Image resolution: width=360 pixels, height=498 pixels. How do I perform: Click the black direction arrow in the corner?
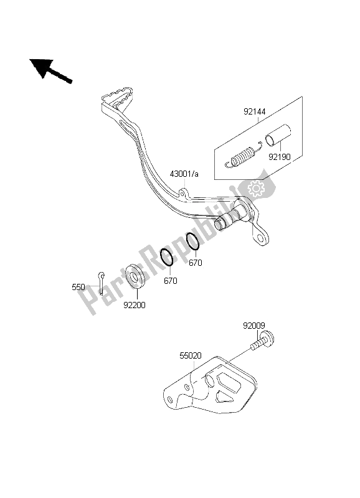coord(51,71)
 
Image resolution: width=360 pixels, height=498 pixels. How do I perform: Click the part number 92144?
coord(255,111)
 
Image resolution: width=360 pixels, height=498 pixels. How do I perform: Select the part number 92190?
coord(280,157)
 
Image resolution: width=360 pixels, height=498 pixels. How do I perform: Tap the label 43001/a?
coord(184,174)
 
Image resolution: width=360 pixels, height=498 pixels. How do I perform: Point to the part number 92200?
coord(135,305)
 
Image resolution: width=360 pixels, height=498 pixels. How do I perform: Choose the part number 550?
coord(78,287)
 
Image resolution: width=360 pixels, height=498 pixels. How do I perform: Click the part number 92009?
coord(254,326)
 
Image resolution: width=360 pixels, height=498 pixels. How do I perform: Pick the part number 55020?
coord(191,355)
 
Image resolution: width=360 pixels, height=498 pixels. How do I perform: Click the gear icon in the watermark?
coord(256,189)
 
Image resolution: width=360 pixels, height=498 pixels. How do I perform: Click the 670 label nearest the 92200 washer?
coord(171,281)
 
